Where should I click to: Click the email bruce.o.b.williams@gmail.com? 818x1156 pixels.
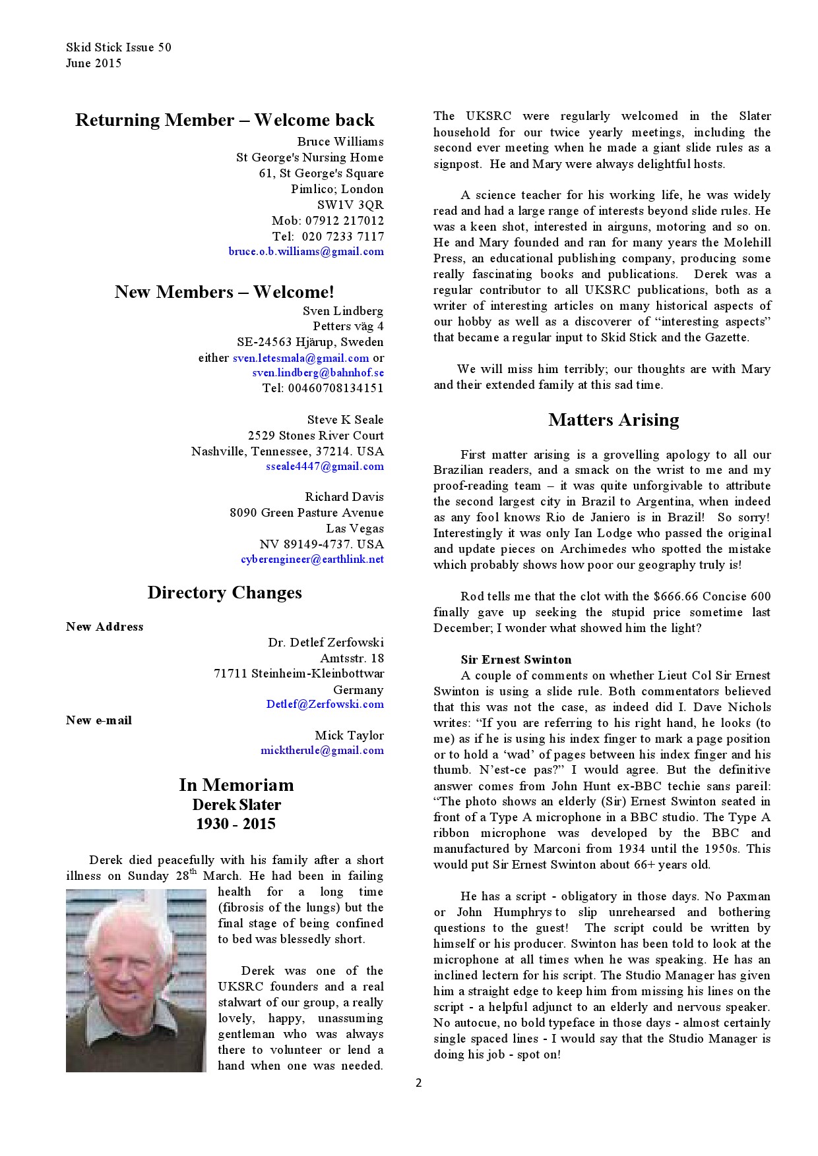click(306, 252)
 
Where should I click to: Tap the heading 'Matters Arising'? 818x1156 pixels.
click(613, 420)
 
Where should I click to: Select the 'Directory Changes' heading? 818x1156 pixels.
click(224, 592)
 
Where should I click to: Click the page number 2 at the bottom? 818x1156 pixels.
click(418, 1083)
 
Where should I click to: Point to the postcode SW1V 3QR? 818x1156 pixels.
click(350, 205)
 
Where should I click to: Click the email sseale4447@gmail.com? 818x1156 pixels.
click(325, 467)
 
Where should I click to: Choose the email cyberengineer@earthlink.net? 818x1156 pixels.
click(312, 560)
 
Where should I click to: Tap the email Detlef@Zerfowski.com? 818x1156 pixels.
click(325, 705)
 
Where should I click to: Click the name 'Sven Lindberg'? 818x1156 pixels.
click(343, 311)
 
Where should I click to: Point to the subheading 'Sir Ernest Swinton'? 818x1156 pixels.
click(516, 660)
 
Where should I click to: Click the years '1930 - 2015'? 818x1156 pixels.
click(236, 824)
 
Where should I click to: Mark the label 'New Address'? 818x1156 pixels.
click(104, 627)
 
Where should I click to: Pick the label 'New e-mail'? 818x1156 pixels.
click(99, 720)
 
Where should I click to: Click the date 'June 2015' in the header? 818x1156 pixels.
click(94, 63)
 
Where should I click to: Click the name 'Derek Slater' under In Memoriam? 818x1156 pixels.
click(236, 805)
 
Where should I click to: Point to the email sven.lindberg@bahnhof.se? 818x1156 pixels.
click(318, 373)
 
